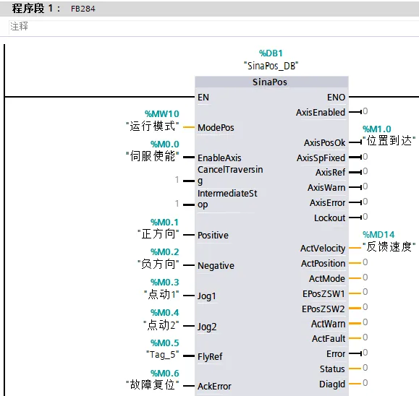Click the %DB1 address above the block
[x=271, y=53]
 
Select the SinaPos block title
[x=270, y=82]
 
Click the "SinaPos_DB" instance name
[x=271, y=66]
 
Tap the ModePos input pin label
[x=216, y=128]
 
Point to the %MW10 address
[x=162, y=114]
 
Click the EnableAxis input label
[x=219, y=158]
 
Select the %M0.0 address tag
[x=164, y=144]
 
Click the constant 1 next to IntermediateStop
[x=177, y=204]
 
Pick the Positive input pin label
[x=213, y=236]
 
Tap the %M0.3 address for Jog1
[x=164, y=283]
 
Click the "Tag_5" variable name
[x=163, y=355]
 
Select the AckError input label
[x=214, y=386]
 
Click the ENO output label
[x=337, y=98]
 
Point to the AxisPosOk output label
[x=325, y=143]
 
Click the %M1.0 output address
[x=377, y=129]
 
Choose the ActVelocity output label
[x=323, y=249]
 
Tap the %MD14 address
[x=378, y=235]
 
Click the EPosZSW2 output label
[x=323, y=309]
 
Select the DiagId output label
[x=332, y=384]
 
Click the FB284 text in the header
[x=82, y=9]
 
